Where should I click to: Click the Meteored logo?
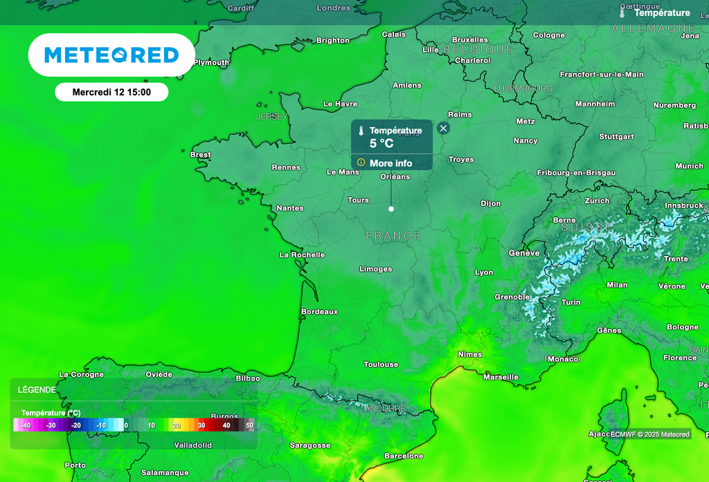(x=111, y=55)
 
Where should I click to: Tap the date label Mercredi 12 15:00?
(x=111, y=92)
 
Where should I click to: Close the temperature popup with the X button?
(x=444, y=128)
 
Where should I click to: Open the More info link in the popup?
(x=391, y=163)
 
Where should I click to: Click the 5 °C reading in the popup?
(x=382, y=144)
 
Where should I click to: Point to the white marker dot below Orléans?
(x=391, y=208)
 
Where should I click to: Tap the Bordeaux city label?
(x=319, y=312)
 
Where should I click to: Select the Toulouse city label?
(x=382, y=364)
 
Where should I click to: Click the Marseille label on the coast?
(x=501, y=378)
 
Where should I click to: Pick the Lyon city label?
(x=484, y=272)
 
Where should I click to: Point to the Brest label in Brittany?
(x=200, y=155)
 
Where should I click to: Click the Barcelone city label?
(x=404, y=456)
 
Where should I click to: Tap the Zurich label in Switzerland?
(x=597, y=201)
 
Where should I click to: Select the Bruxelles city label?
(x=470, y=39)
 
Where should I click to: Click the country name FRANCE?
(x=393, y=236)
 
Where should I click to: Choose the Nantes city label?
(x=289, y=208)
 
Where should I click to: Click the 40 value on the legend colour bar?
(x=226, y=425)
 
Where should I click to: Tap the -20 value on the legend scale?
(x=76, y=425)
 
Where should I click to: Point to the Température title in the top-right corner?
(x=662, y=13)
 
